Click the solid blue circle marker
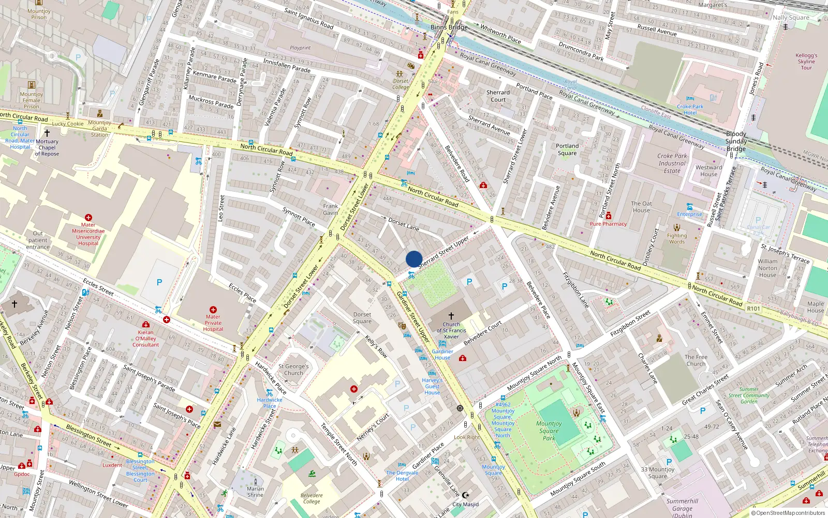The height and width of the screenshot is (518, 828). [x=414, y=259]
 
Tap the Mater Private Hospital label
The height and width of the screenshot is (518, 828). [x=213, y=323]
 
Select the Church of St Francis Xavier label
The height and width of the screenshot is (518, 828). [x=451, y=330]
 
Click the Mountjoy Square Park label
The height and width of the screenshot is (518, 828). [x=549, y=430]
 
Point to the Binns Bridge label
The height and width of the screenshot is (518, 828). [x=449, y=27]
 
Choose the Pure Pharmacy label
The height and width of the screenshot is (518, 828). [x=608, y=224]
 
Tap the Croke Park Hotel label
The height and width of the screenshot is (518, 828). [x=690, y=109]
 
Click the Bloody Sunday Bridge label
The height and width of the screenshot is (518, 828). [x=736, y=141]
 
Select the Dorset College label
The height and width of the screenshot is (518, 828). [x=401, y=84]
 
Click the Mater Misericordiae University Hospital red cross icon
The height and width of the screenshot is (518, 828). [x=88, y=218]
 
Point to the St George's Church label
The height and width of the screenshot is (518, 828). [x=293, y=369]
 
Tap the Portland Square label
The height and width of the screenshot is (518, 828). [x=567, y=149]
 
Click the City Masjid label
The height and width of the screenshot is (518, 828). [x=465, y=504]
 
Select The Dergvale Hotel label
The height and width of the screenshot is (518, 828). [x=402, y=476]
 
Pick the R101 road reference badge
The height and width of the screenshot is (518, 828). [x=753, y=308]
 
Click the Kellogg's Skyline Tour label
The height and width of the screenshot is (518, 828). [x=806, y=61]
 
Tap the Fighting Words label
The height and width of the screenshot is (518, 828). [x=677, y=238]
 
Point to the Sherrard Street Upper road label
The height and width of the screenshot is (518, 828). [x=443, y=251]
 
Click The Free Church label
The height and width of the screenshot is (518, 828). [x=696, y=360]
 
